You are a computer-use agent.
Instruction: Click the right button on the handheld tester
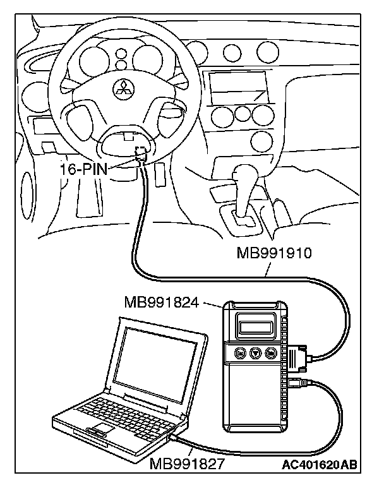[x=271, y=353]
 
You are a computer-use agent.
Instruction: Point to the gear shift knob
[x=242, y=172]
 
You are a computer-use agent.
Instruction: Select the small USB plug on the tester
[x=294, y=384]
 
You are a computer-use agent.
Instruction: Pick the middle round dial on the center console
[x=241, y=114]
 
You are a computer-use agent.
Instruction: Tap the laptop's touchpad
[x=97, y=431]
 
